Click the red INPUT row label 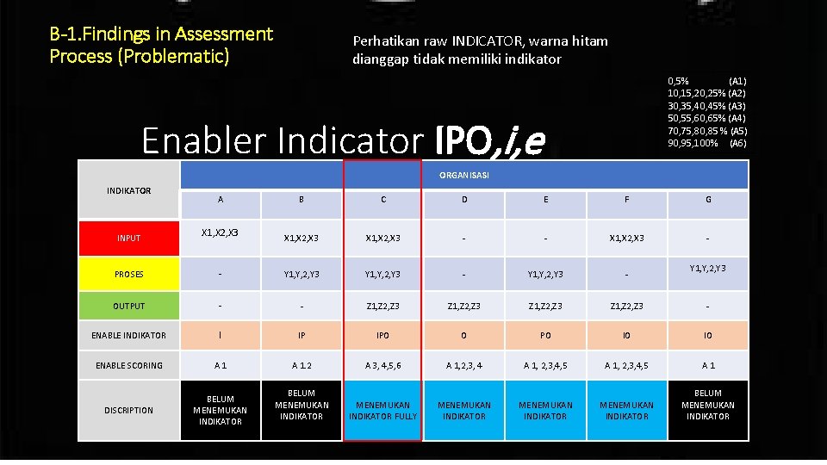pos(128,238)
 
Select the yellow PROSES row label pos(128,274)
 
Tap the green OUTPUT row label pos(128,306)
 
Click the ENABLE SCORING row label pos(128,365)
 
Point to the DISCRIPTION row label pos(128,410)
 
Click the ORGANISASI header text pos(463,175)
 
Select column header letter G pos(708,200)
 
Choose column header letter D pos(464,200)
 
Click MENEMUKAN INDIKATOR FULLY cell pos(382,410)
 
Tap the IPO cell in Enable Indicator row pos(382,334)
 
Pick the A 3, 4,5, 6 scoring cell pos(382,365)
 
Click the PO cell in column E pos(545,334)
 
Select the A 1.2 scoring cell pos(302,365)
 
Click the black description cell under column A pos(221,410)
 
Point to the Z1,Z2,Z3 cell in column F pos(626,306)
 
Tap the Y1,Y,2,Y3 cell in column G pos(708,268)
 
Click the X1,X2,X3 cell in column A pos(220,232)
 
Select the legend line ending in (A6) pos(706,143)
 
